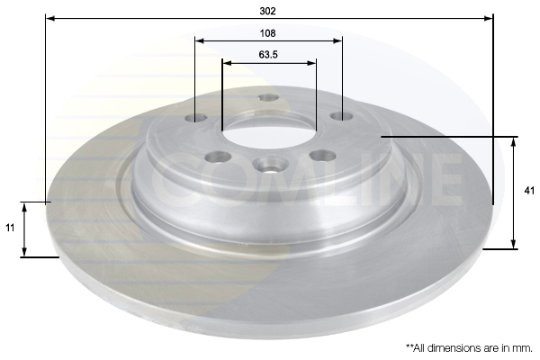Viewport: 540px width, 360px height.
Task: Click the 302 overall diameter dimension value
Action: click(267, 11)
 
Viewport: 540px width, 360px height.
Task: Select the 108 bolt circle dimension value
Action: click(267, 33)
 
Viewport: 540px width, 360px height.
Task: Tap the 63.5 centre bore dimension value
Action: click(268, 54)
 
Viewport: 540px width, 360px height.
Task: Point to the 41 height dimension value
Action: click(528, 191)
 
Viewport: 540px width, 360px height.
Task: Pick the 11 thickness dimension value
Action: click(10, 228)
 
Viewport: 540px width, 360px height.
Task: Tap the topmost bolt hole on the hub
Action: click(268, 98)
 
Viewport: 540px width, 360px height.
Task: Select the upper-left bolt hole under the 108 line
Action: click(195, 118)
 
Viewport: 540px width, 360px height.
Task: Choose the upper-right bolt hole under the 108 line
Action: click(342, 116)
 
